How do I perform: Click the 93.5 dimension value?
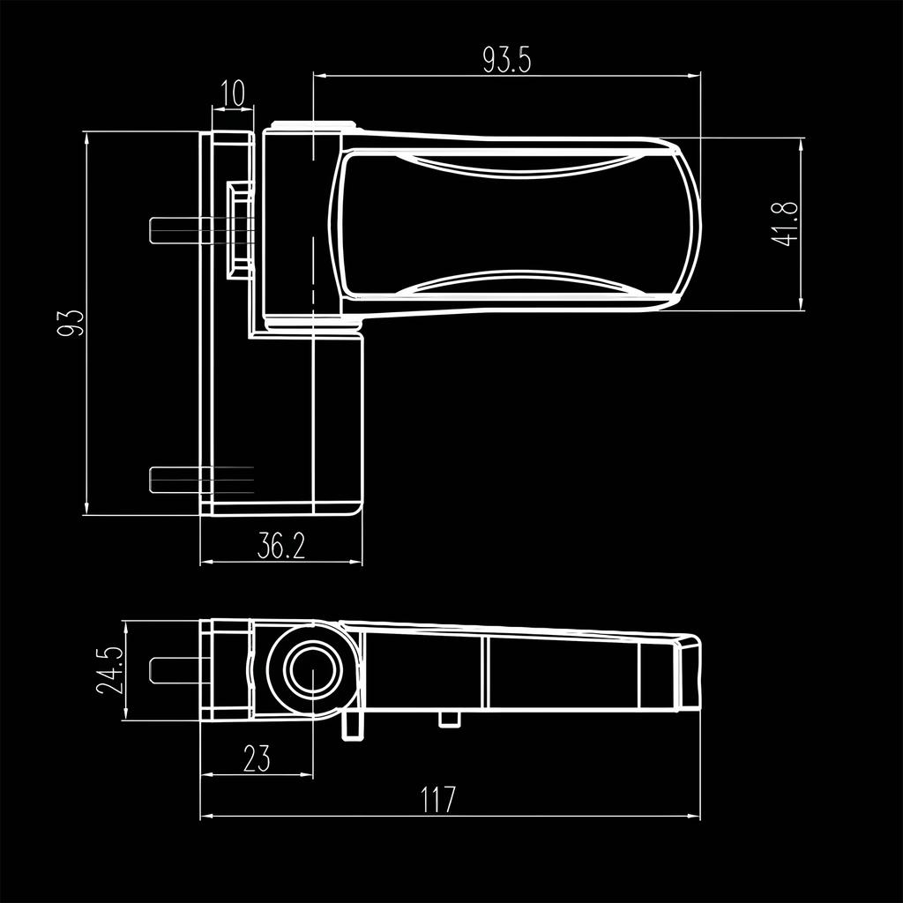[506, 59]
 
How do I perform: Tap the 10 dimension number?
[233, 93]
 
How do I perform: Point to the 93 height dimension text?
[70, 323]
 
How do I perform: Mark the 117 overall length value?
[437, 801]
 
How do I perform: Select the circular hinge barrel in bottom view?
[310, 670]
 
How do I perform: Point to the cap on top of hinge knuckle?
[313, 125]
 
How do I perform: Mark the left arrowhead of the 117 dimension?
[205, 817]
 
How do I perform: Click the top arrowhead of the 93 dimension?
[86, 136]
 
